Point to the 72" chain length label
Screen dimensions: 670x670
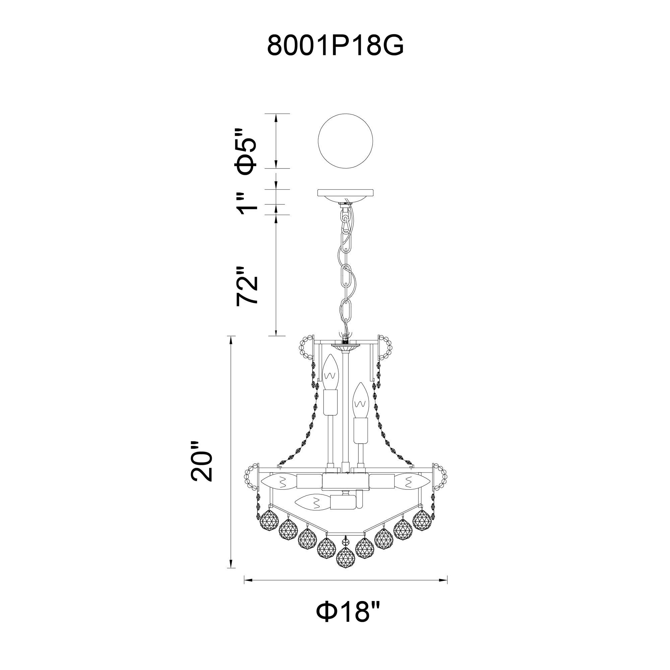247,286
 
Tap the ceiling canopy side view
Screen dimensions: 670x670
345,196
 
